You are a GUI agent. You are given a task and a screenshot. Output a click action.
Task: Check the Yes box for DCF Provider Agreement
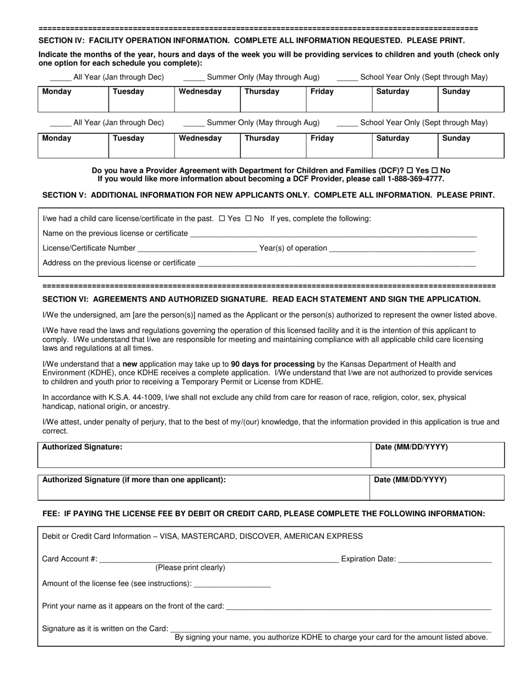click(x=410, y=171)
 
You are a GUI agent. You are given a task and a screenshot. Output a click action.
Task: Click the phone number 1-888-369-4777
click(x=412, y=179)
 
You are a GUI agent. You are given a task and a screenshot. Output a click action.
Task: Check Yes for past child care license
click(x=222, y=219)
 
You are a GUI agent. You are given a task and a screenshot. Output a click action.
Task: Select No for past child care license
click(x=248, y=219)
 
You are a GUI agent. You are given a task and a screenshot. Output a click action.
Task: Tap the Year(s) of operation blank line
click(x=402, y=249)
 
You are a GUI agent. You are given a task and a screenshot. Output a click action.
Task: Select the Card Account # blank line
click(x=219, y=560)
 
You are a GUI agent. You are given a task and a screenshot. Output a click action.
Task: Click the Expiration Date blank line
click(x=444, y=560)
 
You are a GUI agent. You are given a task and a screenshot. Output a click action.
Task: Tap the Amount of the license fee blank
click(x=232, y=584)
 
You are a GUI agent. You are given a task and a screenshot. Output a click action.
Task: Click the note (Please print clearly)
click(x=190, y=568)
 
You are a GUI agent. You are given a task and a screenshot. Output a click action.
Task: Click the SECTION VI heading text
click(x=261, y=299)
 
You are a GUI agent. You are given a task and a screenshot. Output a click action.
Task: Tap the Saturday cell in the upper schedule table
click(x=405, y=99)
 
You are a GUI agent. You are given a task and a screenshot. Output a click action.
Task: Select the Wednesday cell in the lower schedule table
click(x=207, y=145)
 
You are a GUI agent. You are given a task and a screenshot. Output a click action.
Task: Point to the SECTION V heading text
click(x=268, y=195)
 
